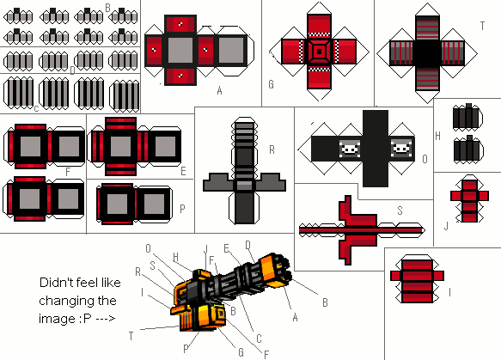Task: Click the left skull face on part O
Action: (350, 149)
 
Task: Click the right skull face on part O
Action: (401, 149)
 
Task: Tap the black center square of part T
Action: (427, 53)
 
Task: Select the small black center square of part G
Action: (319, 52)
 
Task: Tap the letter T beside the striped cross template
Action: (482, 26)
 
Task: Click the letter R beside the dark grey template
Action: (272, 149)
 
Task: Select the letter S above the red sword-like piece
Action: (400, 211)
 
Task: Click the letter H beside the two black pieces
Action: (437, 136)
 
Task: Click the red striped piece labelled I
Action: (417, 279)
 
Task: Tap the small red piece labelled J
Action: (469, 198)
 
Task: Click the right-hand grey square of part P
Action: (154, 204)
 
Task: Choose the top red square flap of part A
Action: (180, 24)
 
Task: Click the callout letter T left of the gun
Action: (131, 336)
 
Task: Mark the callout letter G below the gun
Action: (241, 352)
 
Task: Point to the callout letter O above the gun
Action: (148, 248)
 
